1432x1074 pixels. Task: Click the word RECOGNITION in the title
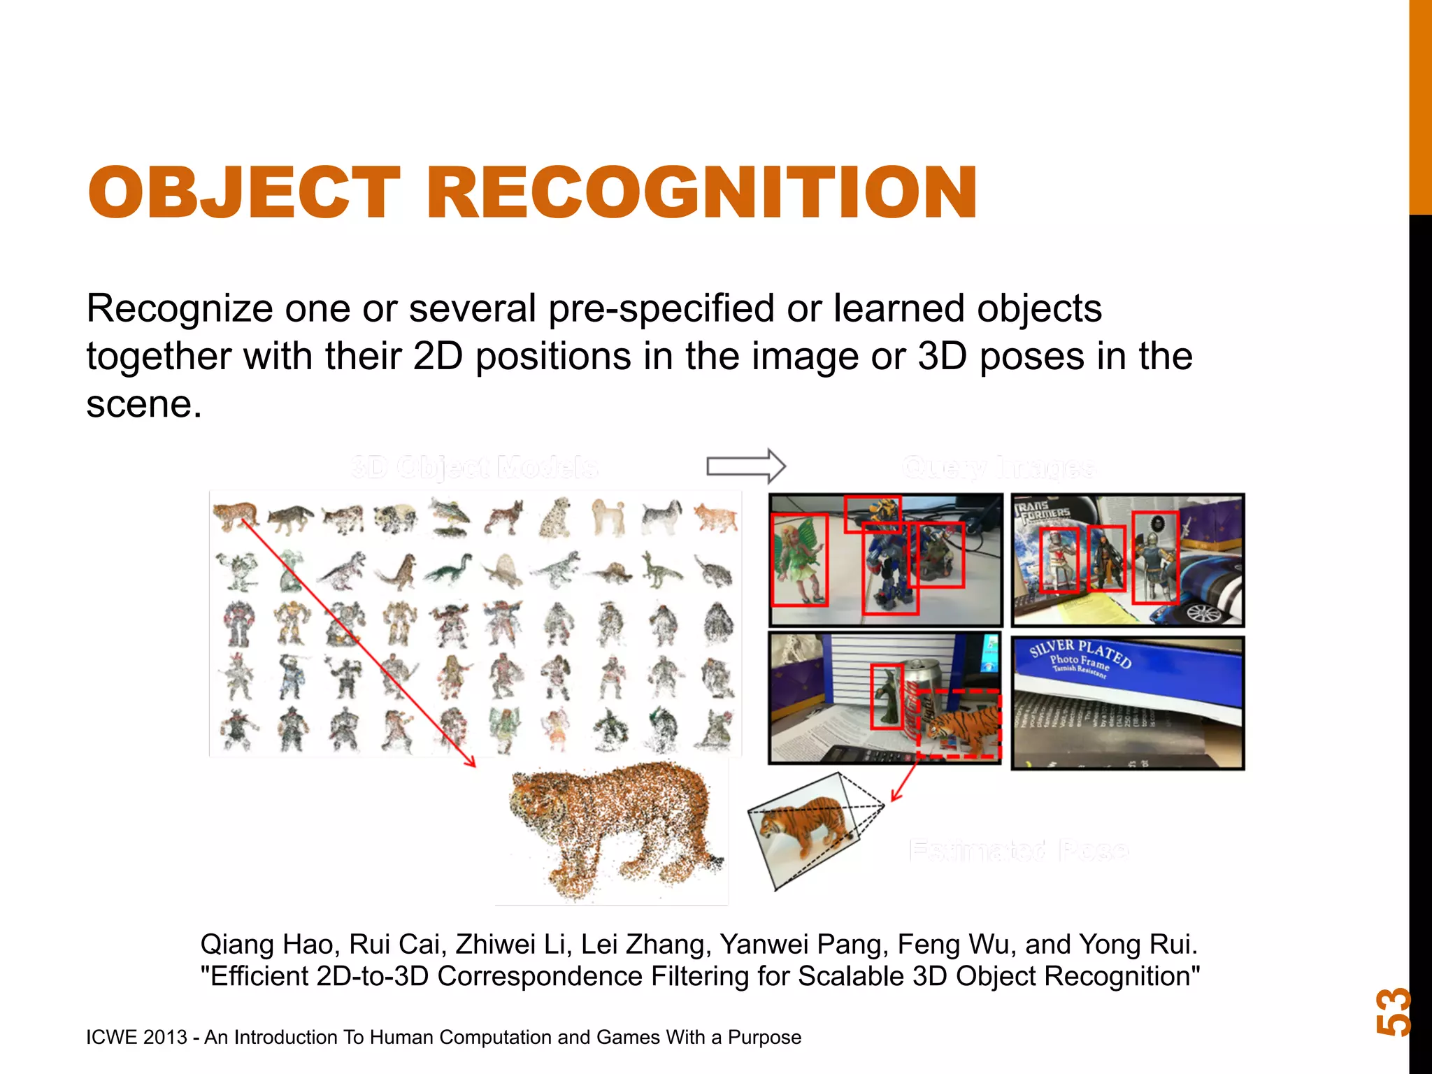coord(701,192)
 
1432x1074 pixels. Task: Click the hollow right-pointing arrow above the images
coord(746,466)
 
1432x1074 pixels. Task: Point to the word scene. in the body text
coord(144,403)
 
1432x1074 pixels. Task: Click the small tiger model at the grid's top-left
coord(236,515)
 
